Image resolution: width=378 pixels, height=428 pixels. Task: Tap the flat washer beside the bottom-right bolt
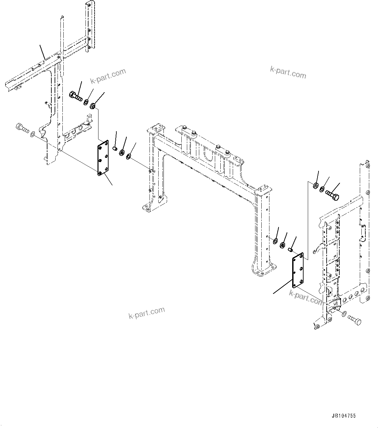344,314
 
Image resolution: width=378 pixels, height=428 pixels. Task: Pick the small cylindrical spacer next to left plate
115,148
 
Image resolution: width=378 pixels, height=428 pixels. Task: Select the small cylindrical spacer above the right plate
291,249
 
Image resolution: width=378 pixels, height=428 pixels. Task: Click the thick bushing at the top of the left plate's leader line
93,106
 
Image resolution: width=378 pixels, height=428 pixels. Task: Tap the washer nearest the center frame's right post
275,241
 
